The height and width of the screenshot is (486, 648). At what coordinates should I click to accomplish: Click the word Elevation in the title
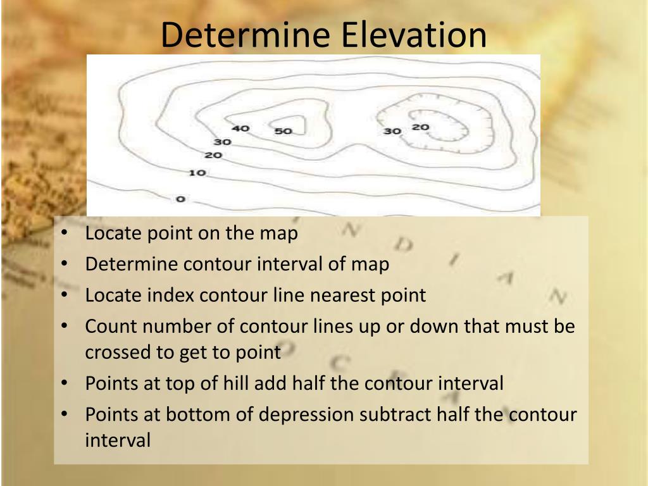414,35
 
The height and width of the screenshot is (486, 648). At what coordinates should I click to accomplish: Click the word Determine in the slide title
247,35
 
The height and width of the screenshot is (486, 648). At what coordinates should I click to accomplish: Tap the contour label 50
283,131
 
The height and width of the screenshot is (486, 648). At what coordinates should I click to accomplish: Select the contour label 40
240,128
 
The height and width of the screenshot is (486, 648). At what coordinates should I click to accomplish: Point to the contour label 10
197,172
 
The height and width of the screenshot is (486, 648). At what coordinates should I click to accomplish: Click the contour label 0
180,199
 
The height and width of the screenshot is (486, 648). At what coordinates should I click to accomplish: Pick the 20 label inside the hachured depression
420,127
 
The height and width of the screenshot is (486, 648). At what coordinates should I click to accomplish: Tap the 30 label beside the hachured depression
392,131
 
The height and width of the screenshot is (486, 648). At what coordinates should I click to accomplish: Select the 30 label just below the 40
222,142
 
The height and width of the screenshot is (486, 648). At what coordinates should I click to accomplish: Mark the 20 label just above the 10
213,155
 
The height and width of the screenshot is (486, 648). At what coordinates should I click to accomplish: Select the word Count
111,327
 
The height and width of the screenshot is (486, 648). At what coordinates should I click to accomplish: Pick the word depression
308,414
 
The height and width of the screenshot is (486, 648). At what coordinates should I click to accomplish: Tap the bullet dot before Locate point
66,234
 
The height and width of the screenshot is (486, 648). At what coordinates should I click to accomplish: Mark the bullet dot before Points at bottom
66,414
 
